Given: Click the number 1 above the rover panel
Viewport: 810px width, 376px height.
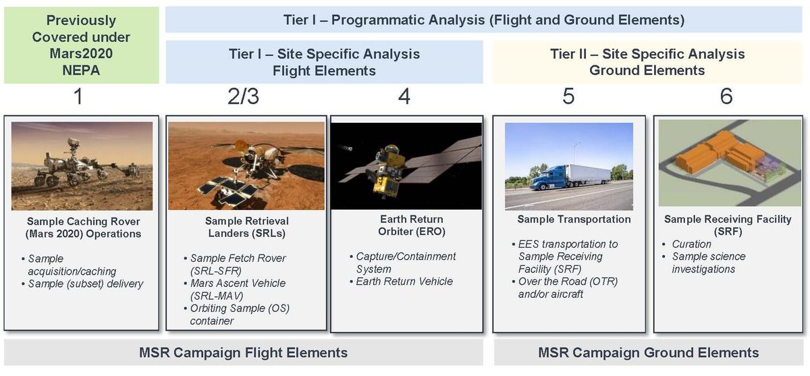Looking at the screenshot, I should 78,98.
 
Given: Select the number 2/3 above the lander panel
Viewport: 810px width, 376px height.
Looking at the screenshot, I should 243,98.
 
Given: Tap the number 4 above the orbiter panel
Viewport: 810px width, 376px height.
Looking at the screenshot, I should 404,98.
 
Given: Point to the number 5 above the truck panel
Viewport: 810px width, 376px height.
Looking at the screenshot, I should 568,98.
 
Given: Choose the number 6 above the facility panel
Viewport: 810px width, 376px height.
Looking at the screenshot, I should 726,98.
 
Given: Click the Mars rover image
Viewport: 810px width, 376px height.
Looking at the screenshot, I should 82,166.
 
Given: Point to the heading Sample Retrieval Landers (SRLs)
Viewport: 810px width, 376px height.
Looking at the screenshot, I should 246,227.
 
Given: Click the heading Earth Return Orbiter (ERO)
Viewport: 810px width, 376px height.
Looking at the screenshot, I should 405,225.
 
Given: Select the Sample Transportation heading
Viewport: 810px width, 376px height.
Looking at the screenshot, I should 574,219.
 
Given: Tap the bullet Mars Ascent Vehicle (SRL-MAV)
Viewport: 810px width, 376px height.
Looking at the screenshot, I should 238,290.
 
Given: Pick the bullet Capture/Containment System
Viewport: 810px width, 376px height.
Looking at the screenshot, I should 406,263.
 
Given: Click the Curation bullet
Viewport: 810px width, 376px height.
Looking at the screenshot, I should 691,244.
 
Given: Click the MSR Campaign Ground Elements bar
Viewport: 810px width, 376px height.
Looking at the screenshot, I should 648,352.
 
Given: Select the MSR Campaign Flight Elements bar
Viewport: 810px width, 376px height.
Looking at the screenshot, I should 243,352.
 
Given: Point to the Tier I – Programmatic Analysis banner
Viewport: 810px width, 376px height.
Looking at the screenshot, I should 484,20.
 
